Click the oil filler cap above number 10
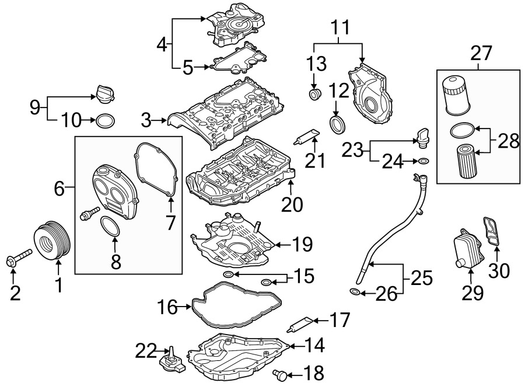click(x=103, y=93)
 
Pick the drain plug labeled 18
click(x=281, y=372)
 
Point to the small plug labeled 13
click(x=315, y=94)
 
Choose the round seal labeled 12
click(x=337, y=124)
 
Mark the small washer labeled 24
click(x=423, y=161)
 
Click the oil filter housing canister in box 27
click(x=457, y=95)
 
